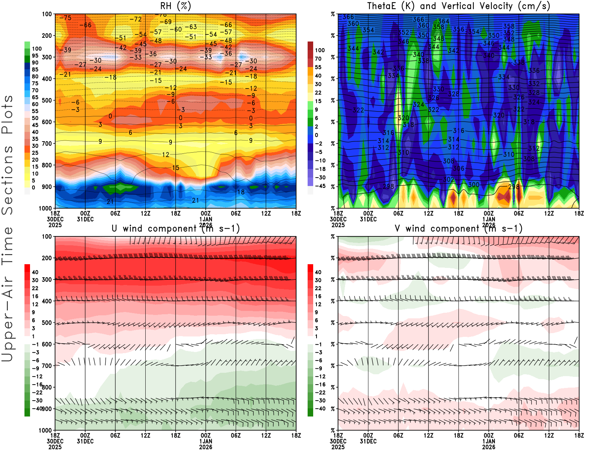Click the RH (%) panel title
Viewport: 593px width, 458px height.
click(175, 6)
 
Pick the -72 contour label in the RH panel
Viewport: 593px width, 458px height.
click(136, 19)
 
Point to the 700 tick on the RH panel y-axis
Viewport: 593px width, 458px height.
click(47, 143)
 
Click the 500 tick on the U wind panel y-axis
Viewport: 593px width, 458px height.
click(47, 323)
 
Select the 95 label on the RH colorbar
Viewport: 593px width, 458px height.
click(35, 56)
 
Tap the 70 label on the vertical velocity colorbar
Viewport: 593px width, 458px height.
click(318, 59)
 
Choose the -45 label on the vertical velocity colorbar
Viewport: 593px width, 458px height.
click(320, 186)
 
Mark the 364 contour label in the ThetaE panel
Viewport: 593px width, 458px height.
click(443, 21)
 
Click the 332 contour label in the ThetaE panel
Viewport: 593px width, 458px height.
click(534, 84)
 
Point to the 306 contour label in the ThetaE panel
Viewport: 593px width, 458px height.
click(458, 169)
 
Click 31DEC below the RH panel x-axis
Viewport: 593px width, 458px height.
click(85, 219)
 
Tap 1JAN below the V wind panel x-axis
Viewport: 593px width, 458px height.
click(489, 441)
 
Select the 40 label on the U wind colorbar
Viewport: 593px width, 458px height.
click(35, 272)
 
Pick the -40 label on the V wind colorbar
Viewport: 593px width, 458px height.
click(320, 409)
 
